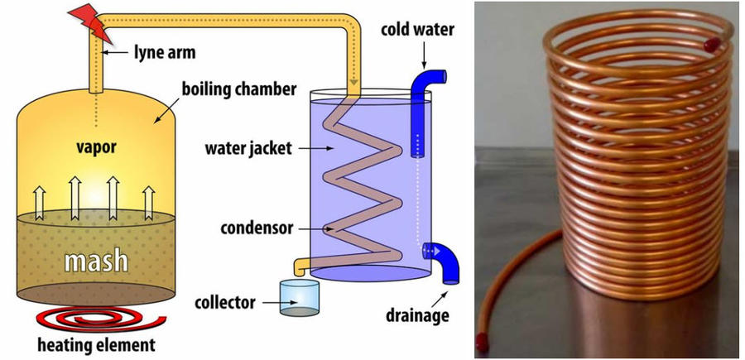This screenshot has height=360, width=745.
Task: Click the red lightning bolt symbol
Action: click(92, 22)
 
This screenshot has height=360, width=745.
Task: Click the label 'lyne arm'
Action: click(165, 52)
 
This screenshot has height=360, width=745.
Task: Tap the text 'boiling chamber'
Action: click(238, 89)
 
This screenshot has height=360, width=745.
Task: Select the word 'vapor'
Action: click(97, 146)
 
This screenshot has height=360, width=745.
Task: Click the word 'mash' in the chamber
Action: click(97, 261)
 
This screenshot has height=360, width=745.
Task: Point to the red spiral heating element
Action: click(101, 319)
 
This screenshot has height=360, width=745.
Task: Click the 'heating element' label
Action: click(97, 345)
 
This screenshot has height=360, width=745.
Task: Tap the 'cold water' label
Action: click(417, 30)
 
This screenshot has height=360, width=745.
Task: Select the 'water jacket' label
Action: click(248, 148)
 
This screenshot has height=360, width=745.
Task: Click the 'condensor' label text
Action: click(257, 228)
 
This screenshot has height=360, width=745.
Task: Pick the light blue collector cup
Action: click(299, 298)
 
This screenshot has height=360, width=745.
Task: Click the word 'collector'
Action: click(224, 302)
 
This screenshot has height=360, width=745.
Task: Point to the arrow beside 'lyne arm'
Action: click(117, 52)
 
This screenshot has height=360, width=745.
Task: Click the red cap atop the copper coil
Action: click(711, 46)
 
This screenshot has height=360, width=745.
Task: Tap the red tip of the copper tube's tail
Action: click(482, 343)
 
